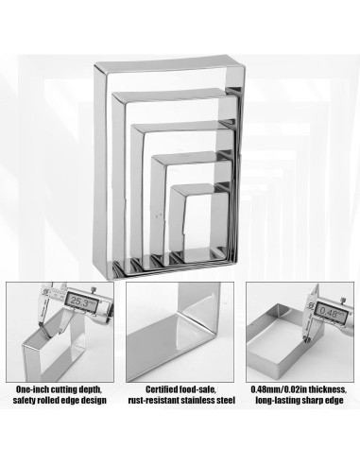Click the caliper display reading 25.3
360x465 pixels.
(x=80, y=301)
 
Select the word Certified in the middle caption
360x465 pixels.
(x=162, y=389)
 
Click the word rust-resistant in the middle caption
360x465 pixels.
(x=154, y=401)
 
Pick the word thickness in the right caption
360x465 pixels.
(x=327, y=389)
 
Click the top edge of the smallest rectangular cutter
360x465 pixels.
(x=194, y=189)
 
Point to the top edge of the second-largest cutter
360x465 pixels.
(x=173, y=95)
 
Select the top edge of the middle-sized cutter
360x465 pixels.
(x=182, y=126)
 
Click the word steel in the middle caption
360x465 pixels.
(x=226, y=401)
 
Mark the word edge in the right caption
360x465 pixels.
(x=334, y=401)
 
